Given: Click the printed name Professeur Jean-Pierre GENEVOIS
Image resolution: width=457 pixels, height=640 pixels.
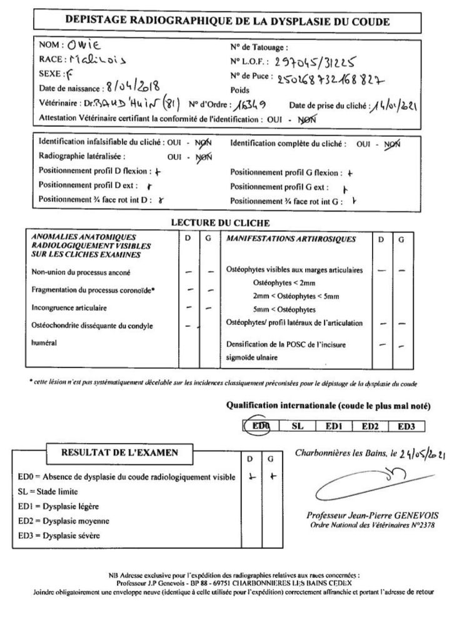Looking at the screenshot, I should coord(373,515).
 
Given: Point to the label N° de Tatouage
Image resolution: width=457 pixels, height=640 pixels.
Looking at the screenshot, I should coord(259,47).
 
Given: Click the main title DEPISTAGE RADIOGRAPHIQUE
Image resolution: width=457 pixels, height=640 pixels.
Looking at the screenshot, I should coord(228,21).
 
